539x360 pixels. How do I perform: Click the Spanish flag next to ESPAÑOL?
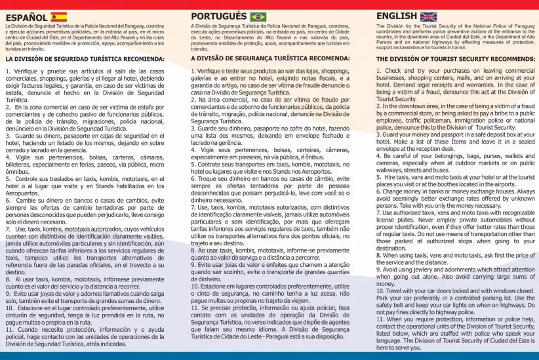pos(58,16)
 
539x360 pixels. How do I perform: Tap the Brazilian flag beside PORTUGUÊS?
pos(258,16)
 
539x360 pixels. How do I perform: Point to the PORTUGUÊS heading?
pos(219,16)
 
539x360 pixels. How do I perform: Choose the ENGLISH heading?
pos(397,16)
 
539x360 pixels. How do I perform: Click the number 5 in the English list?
pos(379,178)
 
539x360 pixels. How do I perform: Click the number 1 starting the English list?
pos(379,70)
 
